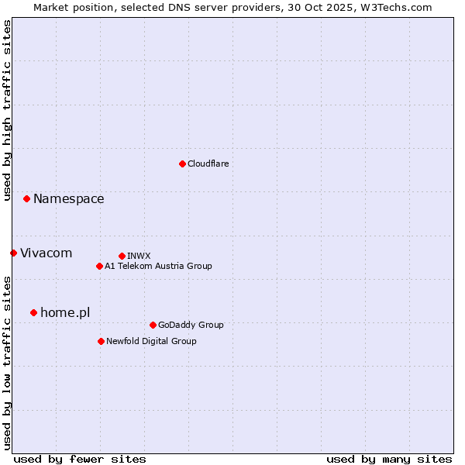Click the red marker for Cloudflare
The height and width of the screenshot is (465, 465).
(x=182, y=164)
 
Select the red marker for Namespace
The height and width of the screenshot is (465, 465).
(x=26, y=199)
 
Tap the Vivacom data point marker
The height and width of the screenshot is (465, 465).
(x=13, y=253)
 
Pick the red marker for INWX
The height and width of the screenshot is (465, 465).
(x=122, y=256)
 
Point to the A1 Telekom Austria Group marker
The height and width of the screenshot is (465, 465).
(x=99, y=266)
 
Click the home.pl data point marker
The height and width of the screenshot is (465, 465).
(x=33, y=312)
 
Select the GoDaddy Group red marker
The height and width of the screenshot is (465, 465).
(x=153, y=325)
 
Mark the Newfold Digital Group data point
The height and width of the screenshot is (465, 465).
(x=101, y=341)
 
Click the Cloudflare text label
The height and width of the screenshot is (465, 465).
(x=208, y=164)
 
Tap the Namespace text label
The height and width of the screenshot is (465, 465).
(x=68, y=199)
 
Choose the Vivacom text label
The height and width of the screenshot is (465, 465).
(x=46, y=253)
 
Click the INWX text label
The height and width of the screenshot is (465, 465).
(x=139, y=256)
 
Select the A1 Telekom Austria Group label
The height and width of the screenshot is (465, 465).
(x=158, y=266)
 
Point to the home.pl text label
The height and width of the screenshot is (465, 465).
(x=65, y=312)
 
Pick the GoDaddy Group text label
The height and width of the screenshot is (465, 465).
(x=191, y=325)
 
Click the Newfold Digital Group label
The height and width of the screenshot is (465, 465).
(x=151, y=341)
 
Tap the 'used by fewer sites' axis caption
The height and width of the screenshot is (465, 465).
(x=80, y=459)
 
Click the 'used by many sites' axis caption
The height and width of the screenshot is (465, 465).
(x=389, y=459)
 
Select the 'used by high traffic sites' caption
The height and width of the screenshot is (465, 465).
(x=7, y=110)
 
